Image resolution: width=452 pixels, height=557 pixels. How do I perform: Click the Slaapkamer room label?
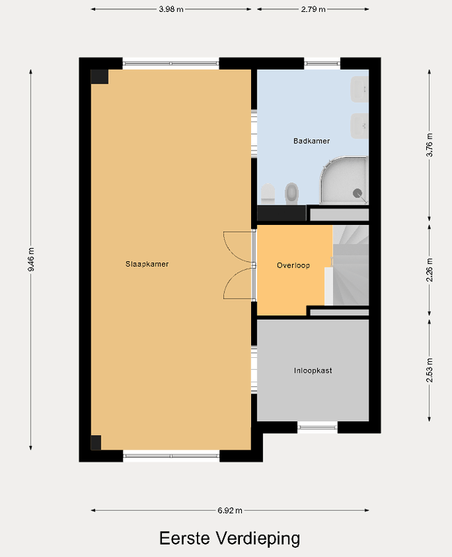coord(147,264)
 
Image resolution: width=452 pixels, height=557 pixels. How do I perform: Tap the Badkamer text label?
coord(311,141)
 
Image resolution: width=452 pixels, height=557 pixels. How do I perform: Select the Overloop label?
coord(293,265)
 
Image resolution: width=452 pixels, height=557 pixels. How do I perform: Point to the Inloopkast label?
coord(312,370)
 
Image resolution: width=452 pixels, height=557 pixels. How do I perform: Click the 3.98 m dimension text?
coord(171,9)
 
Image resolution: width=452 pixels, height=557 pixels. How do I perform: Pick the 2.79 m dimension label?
coord(313,9)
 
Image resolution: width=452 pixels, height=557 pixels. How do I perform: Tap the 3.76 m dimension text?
coord(429,146)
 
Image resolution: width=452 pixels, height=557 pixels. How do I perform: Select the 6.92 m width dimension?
coord(229,510)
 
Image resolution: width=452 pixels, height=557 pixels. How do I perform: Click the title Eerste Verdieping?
coord(229,538)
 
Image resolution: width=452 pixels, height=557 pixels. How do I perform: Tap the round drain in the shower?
coord(358,194)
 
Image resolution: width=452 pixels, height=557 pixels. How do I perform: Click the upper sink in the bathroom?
coord(360,89)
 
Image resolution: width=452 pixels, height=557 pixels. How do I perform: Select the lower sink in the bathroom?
coord(360,124)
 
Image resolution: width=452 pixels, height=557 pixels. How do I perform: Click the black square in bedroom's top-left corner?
coord(99,77)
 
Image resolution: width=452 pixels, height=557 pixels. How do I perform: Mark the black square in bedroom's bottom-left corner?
coord(96,442)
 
